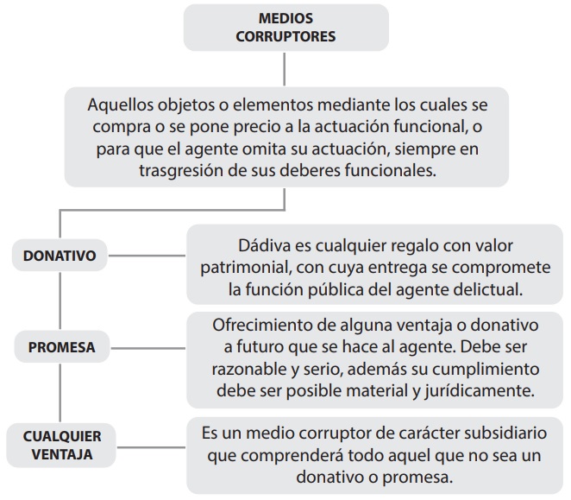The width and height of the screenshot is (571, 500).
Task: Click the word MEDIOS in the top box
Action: pyautogui.click(x=285, y=18)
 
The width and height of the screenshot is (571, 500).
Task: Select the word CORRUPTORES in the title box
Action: pyautogui.click(x=285, y=36)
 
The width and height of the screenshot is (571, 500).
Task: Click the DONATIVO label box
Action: pyautogui.click(x=60, y=256)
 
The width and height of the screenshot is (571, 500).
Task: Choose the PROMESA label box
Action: pyautogui.click(x=62, y=347)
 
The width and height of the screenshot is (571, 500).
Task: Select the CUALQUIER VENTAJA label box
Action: pyautogui.click(x=61, y=446)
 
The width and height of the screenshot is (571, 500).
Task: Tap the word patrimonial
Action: pyautogui.click(x=246, y=268)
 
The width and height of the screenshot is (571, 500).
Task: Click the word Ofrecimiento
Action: pyautogui.click(x=261, y=325)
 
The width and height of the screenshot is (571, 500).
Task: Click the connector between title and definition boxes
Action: pyautogui.click(x=284, y=69)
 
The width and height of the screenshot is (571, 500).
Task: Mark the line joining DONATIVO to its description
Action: pyautogui.click(x=147, y=256)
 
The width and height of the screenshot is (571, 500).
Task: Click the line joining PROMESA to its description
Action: pyautogui.click(x=148, y=348)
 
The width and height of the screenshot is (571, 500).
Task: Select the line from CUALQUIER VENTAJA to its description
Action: pyautogui.click(x=151, y=447)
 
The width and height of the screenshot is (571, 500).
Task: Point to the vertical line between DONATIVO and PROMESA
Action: pyautogui.click(x=60, y=301)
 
